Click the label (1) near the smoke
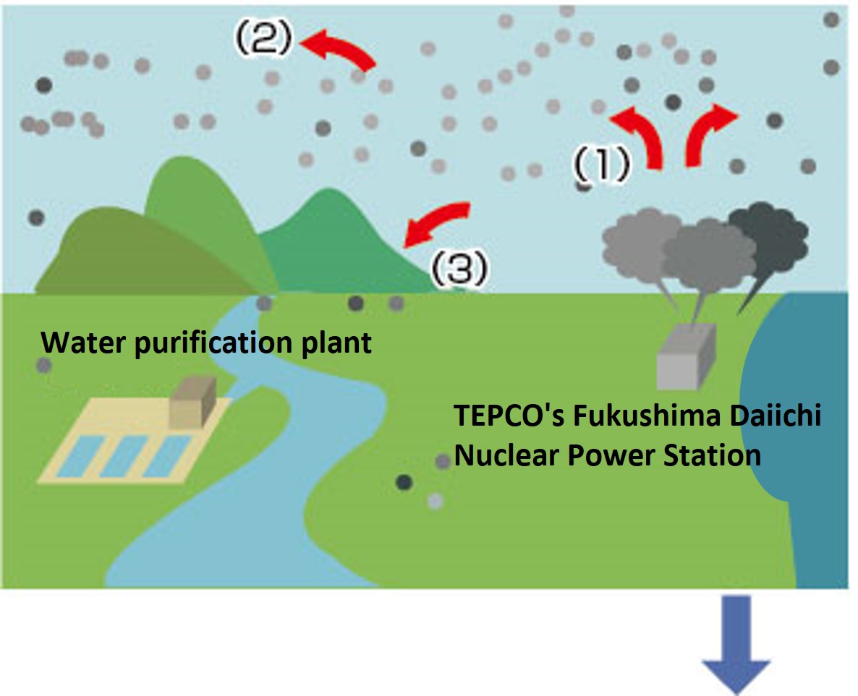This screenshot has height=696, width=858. (601, 166)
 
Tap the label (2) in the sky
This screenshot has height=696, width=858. (262, 40)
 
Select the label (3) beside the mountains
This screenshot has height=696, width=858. (460, 270)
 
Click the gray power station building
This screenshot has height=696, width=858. (685, 358)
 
